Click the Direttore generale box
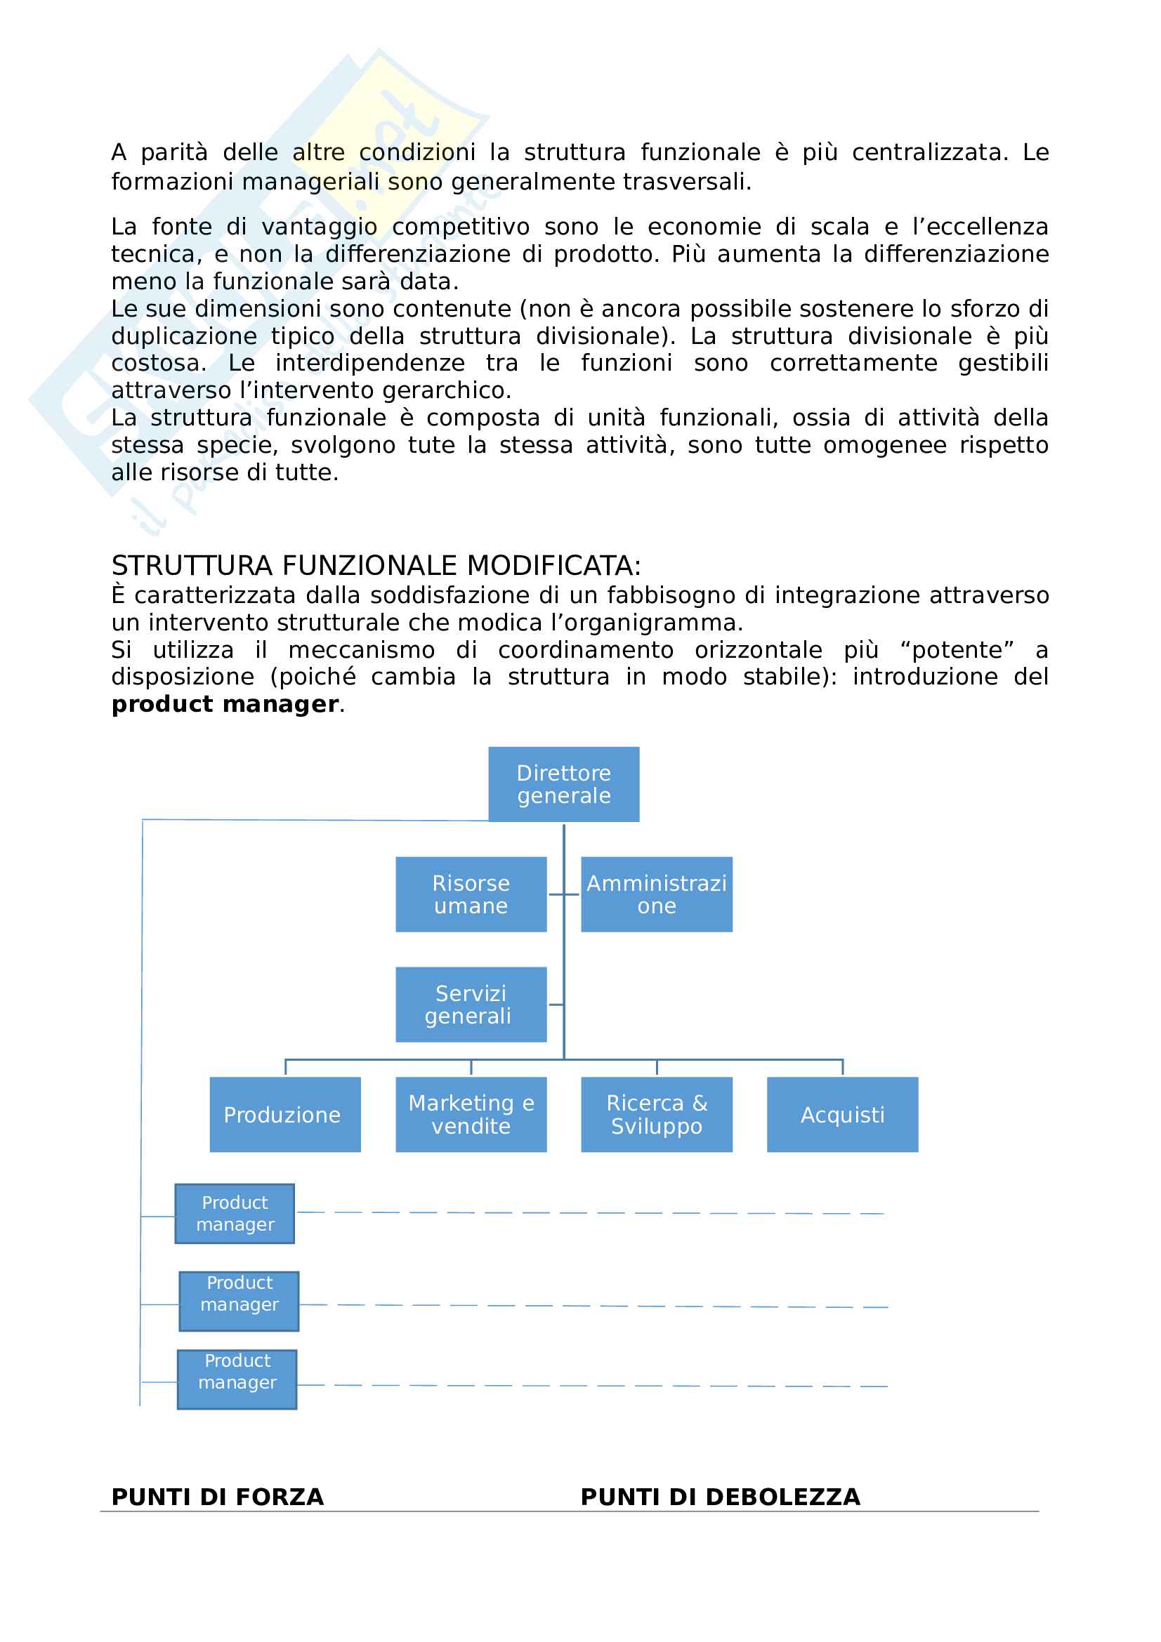coord(564,784)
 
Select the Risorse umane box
coord(471,894)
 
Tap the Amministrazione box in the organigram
coord(656,894)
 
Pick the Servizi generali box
coord(471,1004)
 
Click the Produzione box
coord(284,1114)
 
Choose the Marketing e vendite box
coord(471,1114)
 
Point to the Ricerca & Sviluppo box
coord(656,1114)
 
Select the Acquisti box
coord(842,1114)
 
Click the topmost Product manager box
coord(235,1214)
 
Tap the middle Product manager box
coord(239,1301)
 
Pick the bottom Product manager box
coord(237,1379)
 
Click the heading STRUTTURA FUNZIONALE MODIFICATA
coord(376,566)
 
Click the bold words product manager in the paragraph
coord(225,704)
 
